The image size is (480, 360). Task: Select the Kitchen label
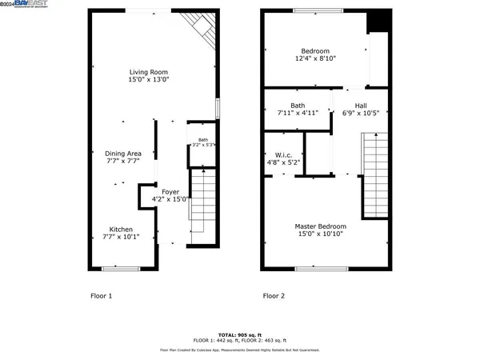(122, 229)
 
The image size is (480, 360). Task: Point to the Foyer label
(170, 192)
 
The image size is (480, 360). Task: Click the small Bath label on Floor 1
(202, 142)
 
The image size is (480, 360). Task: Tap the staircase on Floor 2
(374, 173)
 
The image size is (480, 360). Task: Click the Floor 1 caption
(101, 296)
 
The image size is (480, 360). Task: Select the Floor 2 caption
(274, 296)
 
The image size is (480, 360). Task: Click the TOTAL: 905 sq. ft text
(240, 335)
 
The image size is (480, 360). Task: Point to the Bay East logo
(23, 4)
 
